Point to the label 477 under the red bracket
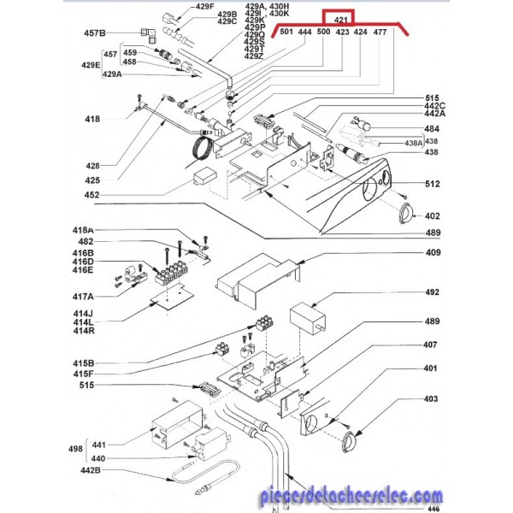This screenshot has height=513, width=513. [380, 32]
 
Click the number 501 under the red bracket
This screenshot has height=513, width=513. [286, 32]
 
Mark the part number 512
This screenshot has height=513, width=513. [433, 183]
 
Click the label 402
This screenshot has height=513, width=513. [433, 216]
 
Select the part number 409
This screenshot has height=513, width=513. [433, 252]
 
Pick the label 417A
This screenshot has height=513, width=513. [83, 296]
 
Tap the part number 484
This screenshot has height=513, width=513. [433, 129]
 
